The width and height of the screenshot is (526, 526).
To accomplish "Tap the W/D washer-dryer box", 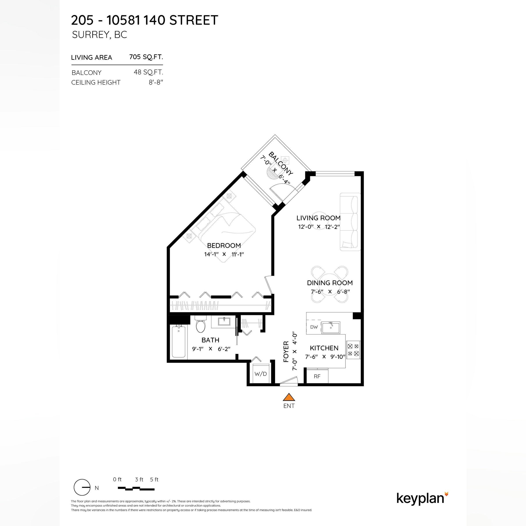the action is click(261, 373).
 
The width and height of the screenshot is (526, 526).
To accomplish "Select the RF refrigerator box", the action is click(317, 376).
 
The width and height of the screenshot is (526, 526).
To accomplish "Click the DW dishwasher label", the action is click(314, 327).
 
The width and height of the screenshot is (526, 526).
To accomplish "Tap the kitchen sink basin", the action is click(331, 327).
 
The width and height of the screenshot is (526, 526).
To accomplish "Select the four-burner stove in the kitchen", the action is click(353, 350).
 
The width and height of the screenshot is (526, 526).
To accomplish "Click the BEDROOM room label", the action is click(224, 245).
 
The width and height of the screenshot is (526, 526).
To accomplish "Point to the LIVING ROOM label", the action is click(318, 218).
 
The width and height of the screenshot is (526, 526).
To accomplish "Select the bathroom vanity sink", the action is click(224, 322).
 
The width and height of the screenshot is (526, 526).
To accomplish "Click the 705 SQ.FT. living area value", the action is click(146, 57).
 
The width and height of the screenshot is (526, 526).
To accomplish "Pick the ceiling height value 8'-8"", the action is click(156, 82).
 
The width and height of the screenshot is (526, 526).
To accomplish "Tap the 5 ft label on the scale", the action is click(154, 480).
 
